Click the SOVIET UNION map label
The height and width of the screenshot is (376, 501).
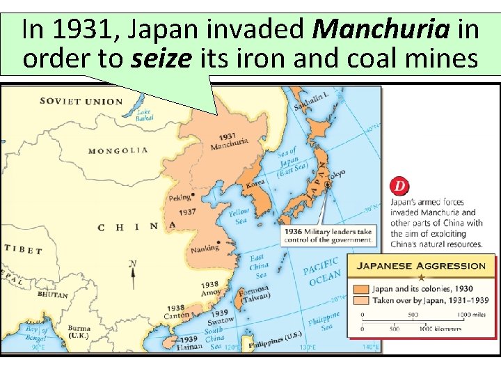[81, 101]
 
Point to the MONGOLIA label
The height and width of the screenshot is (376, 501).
[118, 150]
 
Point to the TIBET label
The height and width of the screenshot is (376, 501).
[23, 249]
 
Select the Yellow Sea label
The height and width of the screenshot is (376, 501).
[239, 216]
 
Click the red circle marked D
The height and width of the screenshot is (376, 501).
[400, 187]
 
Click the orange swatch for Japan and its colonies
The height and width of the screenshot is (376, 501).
[360, 288]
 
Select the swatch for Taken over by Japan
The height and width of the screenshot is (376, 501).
[360, 300]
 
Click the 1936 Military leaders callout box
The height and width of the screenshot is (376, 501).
[328, 235]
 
